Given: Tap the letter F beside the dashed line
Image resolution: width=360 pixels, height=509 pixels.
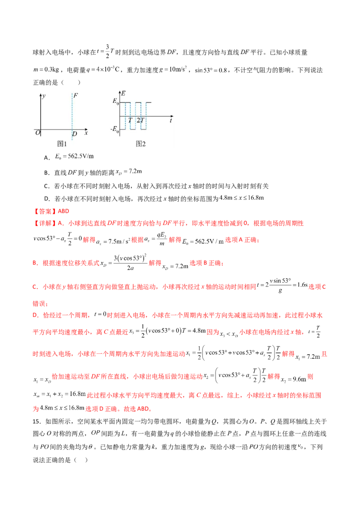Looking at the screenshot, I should (75, 95).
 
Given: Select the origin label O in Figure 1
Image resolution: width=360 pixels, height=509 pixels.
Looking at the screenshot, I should (37, 133).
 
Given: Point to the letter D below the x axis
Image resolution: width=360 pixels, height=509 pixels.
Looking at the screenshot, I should (75, 134).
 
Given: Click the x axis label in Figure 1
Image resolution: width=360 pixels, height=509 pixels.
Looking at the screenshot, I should (86, 133).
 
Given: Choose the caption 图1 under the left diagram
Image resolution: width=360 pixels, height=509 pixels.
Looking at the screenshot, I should (62, 144).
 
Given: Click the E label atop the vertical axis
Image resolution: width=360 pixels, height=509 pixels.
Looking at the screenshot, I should (123, 93).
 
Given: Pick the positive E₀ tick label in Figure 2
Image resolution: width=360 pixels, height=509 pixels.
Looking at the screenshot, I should (116, 103).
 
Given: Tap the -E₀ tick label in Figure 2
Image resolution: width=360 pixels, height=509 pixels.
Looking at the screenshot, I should (114, 130).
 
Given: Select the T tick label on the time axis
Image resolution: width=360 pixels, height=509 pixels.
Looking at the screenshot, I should (130, 121).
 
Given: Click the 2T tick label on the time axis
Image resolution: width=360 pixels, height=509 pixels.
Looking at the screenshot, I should (139, 121).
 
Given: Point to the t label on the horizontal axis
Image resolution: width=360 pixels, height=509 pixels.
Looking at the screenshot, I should (171, 121).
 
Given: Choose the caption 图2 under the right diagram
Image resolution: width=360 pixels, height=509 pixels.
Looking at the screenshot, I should (141, 144).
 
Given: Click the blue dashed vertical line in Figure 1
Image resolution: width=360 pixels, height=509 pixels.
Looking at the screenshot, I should (72, 112).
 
